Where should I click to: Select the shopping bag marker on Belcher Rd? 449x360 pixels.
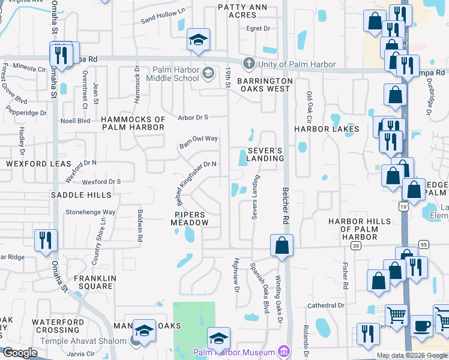tap(282, 245)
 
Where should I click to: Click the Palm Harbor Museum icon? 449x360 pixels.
tap(285, 352)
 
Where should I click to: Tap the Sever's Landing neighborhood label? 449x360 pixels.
tap(265, 154)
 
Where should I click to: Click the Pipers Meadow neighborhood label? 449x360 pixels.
tap(191, 218)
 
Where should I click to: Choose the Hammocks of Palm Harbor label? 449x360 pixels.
tap(133, 123)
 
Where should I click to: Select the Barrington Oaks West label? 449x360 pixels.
tap(265, 85)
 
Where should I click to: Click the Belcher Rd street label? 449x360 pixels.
tap(286, 205)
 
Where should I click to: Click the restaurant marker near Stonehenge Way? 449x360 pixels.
tap(46, 240)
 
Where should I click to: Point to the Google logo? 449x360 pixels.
tap(20, 353)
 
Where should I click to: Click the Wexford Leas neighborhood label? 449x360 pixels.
tap(38, 164)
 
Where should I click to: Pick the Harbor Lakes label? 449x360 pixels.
tap(326, 129)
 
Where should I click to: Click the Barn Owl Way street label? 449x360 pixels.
tap(199, 142)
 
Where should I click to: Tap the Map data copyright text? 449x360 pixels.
tap(411, 355)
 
